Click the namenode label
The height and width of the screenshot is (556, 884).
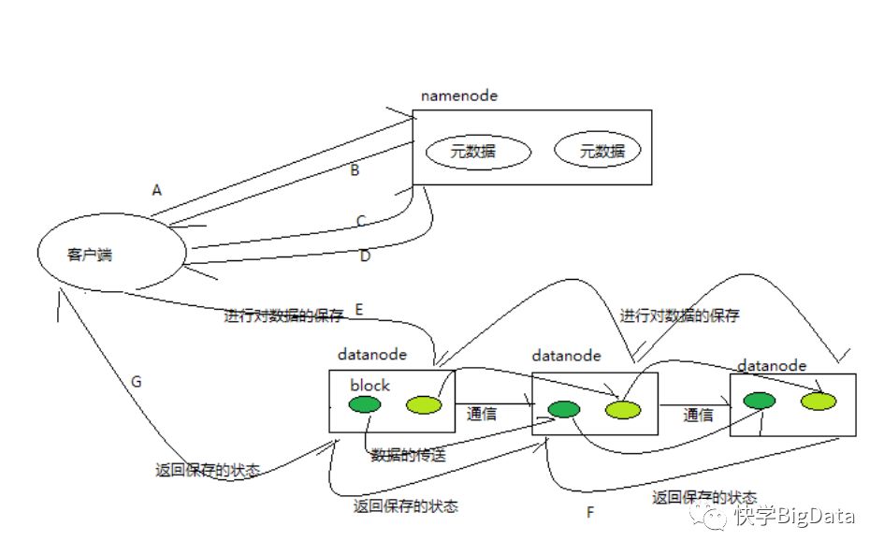click(x=459, y=95)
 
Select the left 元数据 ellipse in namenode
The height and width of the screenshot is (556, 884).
click(x=478, y=151)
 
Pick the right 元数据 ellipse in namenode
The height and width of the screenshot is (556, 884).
click(x=598, y=150)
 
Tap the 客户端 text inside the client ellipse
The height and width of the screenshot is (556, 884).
click(x=90, y=255)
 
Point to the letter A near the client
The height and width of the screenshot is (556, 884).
click(x=157, y=190)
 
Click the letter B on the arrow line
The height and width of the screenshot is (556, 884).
click(x=355, y=169)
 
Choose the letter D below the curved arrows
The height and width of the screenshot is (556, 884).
click(x=366, y=256)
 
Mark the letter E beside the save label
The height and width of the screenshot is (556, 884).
click(x=359, y=310)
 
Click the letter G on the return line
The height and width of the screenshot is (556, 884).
click(x=136, y=382)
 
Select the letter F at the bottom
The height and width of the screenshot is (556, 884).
click(x=590, y=512)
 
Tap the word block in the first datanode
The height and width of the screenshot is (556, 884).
click(x=370, y=385)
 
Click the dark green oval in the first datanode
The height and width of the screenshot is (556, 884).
click(x=365, y=403)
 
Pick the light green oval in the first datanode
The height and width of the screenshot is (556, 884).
click(x=424, y=404)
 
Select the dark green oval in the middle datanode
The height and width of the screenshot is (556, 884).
click(x=564, y=409)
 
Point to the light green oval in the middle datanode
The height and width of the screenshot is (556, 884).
click(x=623, y=409)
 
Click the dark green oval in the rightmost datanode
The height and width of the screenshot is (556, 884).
click(x=760, y=401)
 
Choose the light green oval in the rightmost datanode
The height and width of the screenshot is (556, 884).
click(x=819, y=401)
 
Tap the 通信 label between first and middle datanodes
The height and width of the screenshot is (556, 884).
click(x=482, y=414)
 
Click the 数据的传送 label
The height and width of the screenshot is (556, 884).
click(x=408, y=455)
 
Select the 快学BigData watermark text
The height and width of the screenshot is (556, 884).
click(x=794, y=516)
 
